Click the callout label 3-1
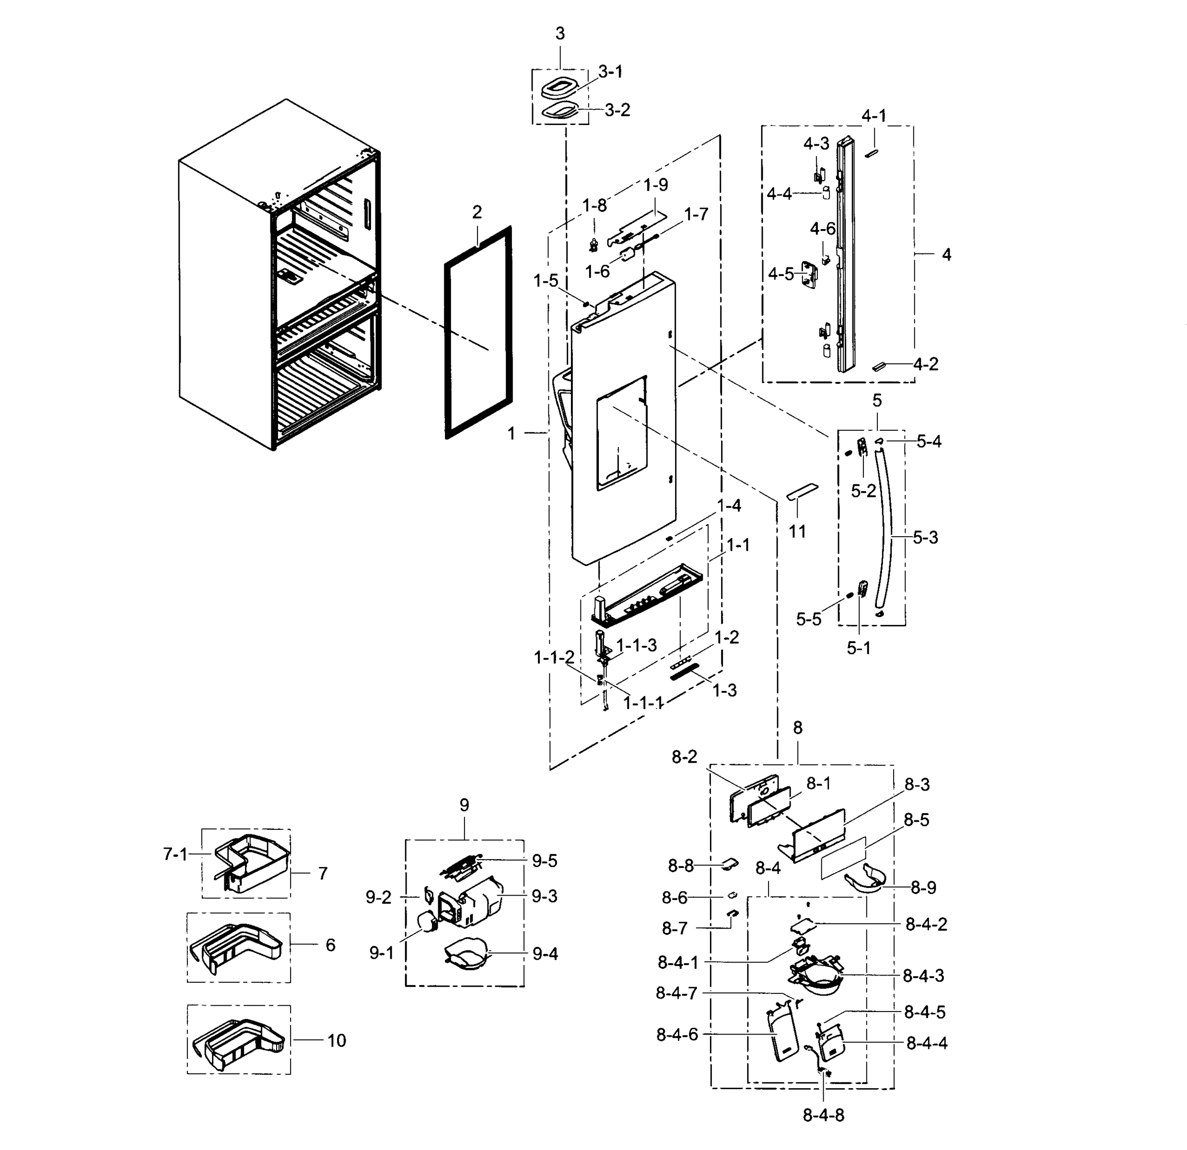[610, 72]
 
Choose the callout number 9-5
[545, 861]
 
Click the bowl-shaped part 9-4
[466, 955]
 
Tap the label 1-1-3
[637, 645]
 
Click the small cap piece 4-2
[879, 366]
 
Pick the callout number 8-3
[917, 784]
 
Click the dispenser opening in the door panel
[621, 433]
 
